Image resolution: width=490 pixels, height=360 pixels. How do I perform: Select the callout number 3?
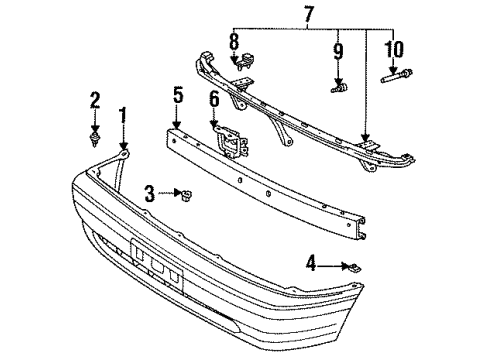[x=150, y=191]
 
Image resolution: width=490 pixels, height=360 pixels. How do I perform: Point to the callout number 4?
[x=312, y=265]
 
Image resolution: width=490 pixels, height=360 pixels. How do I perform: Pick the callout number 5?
[x=178, y=97]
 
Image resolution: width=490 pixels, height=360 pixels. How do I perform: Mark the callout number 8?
[x=234, y=43]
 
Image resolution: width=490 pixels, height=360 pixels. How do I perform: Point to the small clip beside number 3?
[x=186, y=192]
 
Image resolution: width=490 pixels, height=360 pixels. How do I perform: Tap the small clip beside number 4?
[x=355, y=266]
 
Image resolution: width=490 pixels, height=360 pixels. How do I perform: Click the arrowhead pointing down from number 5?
[x=178, y=122]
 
